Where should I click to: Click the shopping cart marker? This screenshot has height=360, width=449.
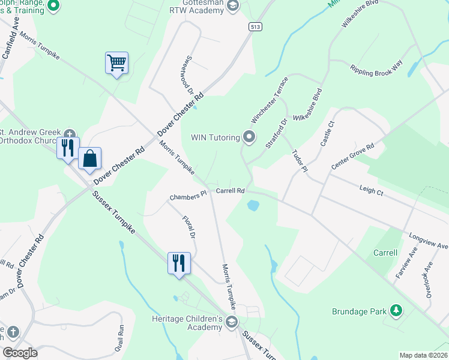click(x=116, y=62)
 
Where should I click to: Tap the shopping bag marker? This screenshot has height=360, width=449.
click(x=89, y=158)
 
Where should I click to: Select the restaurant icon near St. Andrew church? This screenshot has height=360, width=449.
click(x=68, y=147)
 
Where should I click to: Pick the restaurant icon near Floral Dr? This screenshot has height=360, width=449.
click(x=179, y=263)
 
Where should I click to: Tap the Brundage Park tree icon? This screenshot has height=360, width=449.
click(x=396, y=311)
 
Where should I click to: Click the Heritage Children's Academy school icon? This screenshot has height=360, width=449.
click(x=231, y=323)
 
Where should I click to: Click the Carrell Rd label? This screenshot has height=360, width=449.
click(x=230, y=191)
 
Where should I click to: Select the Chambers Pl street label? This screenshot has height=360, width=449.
click(x=188, y=195)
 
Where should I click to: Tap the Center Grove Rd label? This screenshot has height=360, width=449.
click(x=352, y=157)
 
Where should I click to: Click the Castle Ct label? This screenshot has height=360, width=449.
click(x=327, y=134)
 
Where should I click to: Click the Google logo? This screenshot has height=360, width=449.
click(x=20, y=353)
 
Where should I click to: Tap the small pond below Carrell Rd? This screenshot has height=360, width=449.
click(x=253, y=206)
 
